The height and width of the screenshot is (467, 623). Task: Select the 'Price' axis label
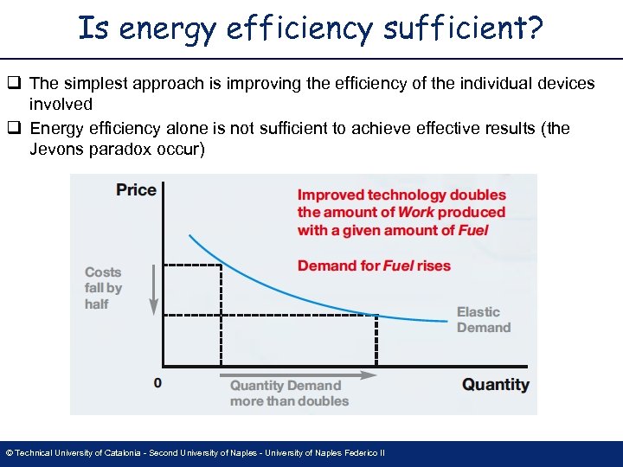[x=136, y=190]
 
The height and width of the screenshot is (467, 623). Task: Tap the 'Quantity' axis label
[x=495, y=385]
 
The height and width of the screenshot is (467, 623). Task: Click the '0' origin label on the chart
[x=157, y=381]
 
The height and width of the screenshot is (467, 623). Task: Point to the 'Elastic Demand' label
[x=483, y=320]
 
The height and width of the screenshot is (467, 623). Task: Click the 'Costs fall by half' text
[x=103, y=288]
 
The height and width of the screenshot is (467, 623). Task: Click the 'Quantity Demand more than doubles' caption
[x=288, y=393]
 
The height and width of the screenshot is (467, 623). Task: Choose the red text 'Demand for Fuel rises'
[x=374, y=265]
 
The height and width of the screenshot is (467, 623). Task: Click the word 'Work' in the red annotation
[x=416, y=213]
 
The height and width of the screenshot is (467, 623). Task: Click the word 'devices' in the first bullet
[x=566, y=84]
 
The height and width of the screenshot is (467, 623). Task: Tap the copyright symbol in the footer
[x=9, y=453]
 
